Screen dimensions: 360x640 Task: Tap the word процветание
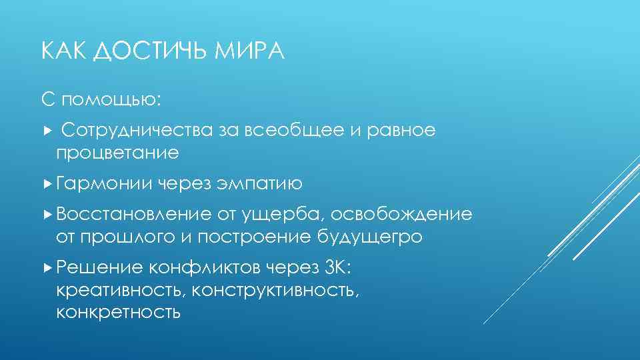point(117,153)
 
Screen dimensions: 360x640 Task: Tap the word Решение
point(99,267)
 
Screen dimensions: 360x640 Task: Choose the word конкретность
point(118,312)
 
